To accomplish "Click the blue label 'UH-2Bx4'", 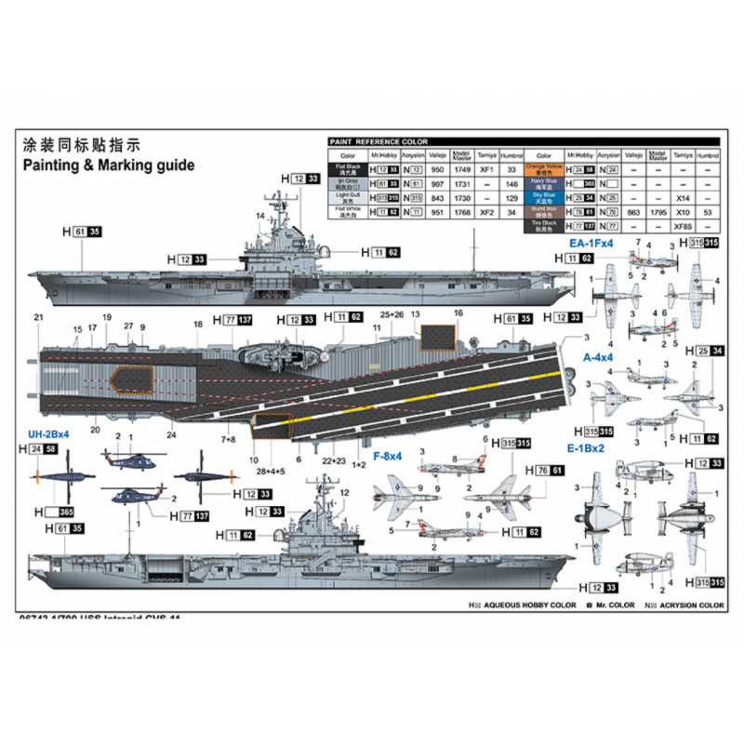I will click(x=44, y=434).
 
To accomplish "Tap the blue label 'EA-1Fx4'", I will click(x=591, y=245).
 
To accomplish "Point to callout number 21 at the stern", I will click(x=38, y=318).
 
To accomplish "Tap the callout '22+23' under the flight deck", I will click(x=336, y=458).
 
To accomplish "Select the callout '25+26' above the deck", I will click(x=392, y=314).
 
